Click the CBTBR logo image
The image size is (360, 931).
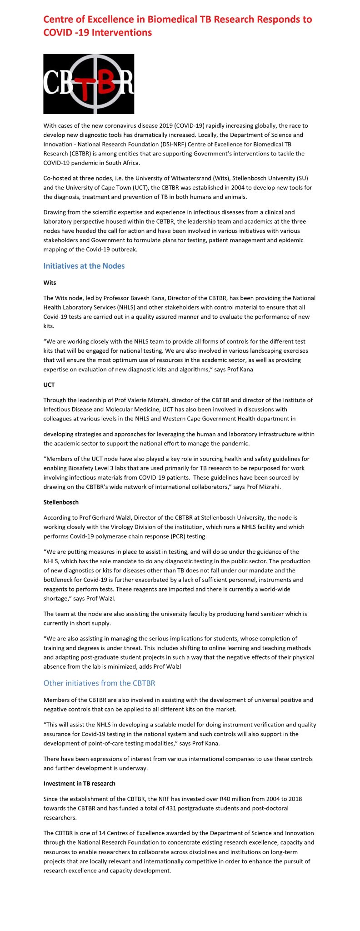pos(89,84)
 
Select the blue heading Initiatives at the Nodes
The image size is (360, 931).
pos(84,266)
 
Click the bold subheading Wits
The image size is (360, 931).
pos(50,283)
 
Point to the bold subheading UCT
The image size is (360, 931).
pos(49,385)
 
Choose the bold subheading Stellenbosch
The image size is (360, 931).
pos(61,502)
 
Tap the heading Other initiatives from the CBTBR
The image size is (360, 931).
pos(99,683)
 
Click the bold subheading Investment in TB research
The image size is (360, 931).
pos(79,783)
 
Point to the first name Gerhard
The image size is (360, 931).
pos(88,518)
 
